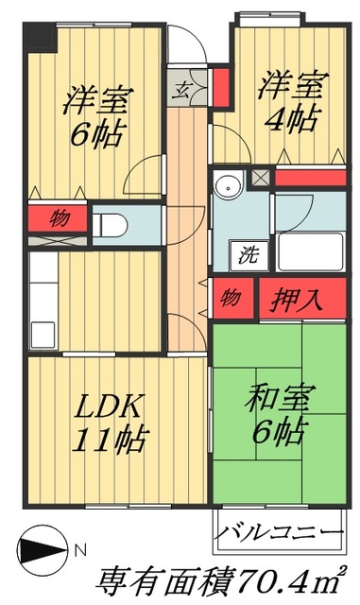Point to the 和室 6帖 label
click(x=274, y=417)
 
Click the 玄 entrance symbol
click(x=180, y=92)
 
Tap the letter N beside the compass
click(x=80, y=549)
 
